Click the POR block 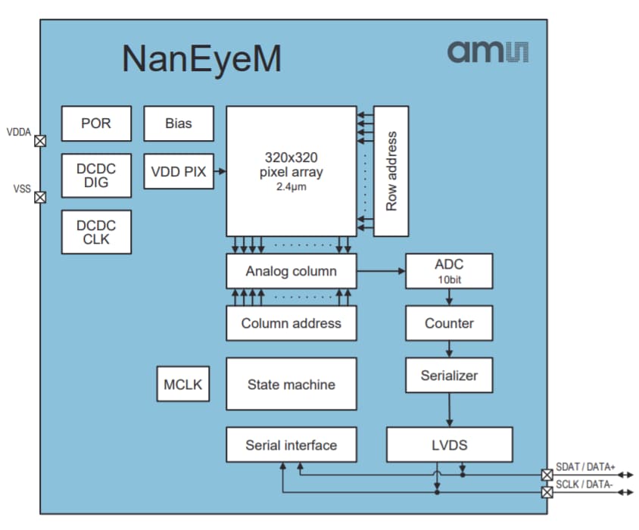click(x=96, y=123)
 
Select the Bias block click(x=179, y=123)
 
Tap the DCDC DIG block click(x=96, y=176)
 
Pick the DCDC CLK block click(x=96, y=232)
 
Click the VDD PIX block click(x=179, y=172)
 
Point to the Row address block click(x=391, y=171)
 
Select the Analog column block click(x=291, y=271)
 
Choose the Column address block click(x=291, y=323)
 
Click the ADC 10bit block click(x=449, y=271)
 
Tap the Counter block click(x=449, y=323)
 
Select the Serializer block click(x=449, y=376)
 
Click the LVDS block click(x=449, y=444)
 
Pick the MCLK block click(x=182, y=385)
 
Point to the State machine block click(x=291, y=385)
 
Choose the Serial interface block click(x=291, y=444)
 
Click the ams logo click(x=488, y=51)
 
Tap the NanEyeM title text click(x=201, y=59)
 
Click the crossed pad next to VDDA click(x=41, y=141)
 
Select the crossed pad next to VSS click(x=41, y=197)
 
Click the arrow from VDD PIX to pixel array click(x=220, y=172)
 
